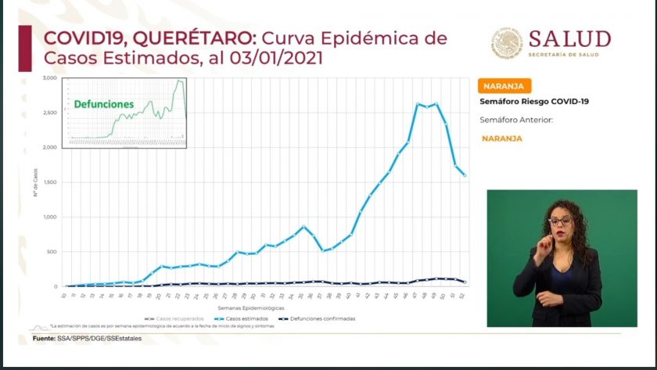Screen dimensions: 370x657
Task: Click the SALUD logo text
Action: (569, 39)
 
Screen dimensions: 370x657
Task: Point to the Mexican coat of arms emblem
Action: (507, 44)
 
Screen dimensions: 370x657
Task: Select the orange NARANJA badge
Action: (504, 86)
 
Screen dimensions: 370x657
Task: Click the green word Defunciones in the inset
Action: (104, 104)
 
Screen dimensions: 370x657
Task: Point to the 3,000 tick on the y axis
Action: (49, 78)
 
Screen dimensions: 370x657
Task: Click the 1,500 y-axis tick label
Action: (49, 182)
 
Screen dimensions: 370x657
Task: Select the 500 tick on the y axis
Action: (51, 252)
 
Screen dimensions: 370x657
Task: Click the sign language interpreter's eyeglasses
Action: (560, 221)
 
